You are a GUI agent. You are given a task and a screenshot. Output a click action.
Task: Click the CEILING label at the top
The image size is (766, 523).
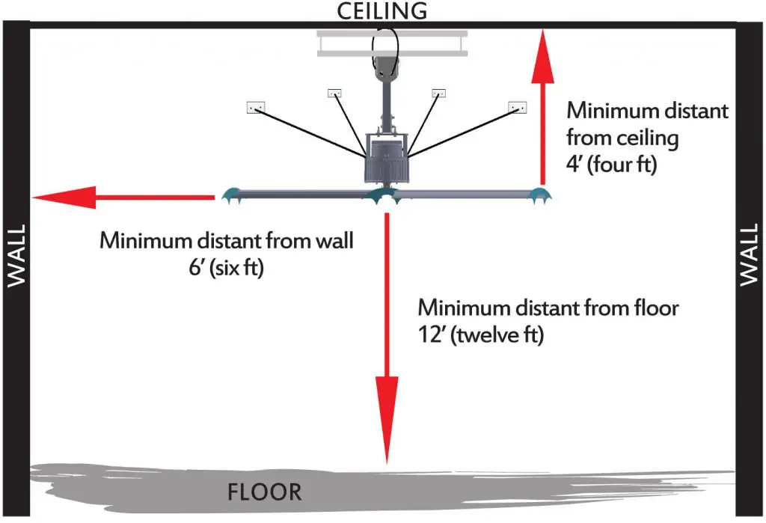click(x=382, y=10)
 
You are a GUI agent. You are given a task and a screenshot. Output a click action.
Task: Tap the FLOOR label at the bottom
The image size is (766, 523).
click(x=265, y=492)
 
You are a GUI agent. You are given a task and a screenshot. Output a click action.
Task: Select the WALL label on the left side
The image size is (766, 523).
click(x=16, y=256)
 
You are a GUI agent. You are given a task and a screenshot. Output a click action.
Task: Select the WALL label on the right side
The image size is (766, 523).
click(x=750, y=256)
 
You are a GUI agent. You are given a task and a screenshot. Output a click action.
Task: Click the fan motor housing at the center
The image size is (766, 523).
click(x=386, y=159)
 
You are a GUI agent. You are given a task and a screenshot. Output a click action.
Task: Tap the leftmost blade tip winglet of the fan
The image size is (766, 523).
click(x=230, y=195)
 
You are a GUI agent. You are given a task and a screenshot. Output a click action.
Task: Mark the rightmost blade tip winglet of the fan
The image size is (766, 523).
click(x=536, y=196)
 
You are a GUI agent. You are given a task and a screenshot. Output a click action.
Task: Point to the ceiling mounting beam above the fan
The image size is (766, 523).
click(x=392, y=43)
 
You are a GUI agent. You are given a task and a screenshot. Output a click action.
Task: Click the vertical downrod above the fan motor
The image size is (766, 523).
click(x=387, y=105)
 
